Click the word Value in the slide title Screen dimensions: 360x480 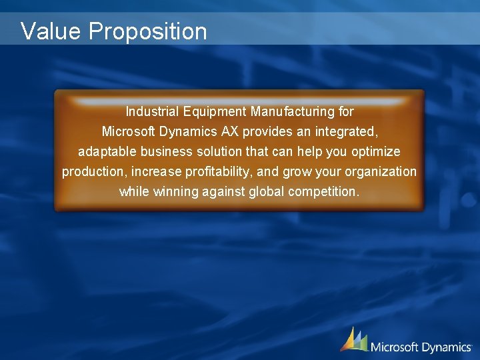pos(50,31)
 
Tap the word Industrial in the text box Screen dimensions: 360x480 pos(152,111)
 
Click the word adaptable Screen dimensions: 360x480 pos(107,151)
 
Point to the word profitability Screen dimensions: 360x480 pos(219,172)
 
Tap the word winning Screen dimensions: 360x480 pos(171,192)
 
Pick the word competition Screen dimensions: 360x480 pos(324,192)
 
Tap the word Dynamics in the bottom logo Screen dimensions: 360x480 pos(445,347)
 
